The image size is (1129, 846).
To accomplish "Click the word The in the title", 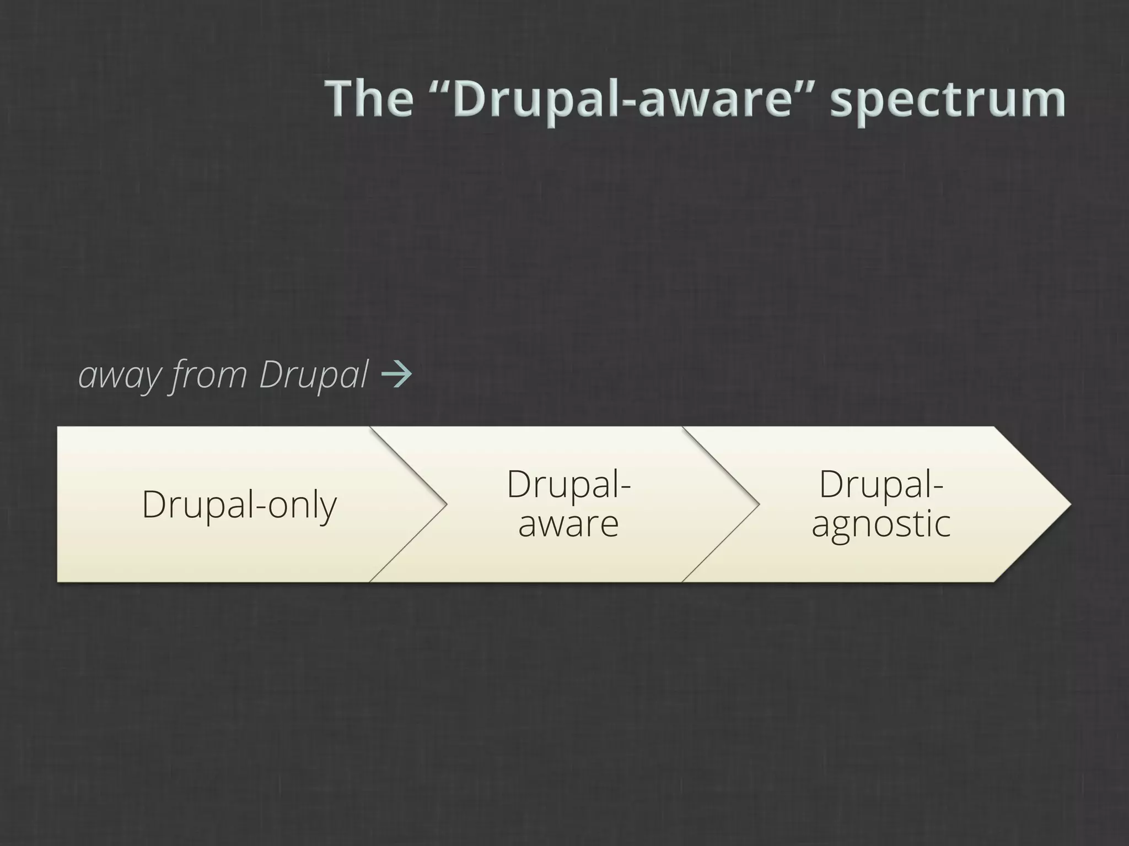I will coord(369,99).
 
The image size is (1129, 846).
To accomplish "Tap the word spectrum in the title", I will coord(948,102).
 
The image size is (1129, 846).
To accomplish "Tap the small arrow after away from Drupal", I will coord(396,375).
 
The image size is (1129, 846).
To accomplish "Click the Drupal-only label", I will coord(239,505).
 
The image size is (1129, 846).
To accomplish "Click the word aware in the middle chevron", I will coord(568,524).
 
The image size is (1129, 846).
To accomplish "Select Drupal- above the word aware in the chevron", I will coord(568,484).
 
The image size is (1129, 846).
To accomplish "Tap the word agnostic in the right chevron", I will coord(881,525).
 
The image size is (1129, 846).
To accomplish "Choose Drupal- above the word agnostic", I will coord(881,484).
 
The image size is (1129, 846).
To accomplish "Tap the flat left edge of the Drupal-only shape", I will coord(58,504).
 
